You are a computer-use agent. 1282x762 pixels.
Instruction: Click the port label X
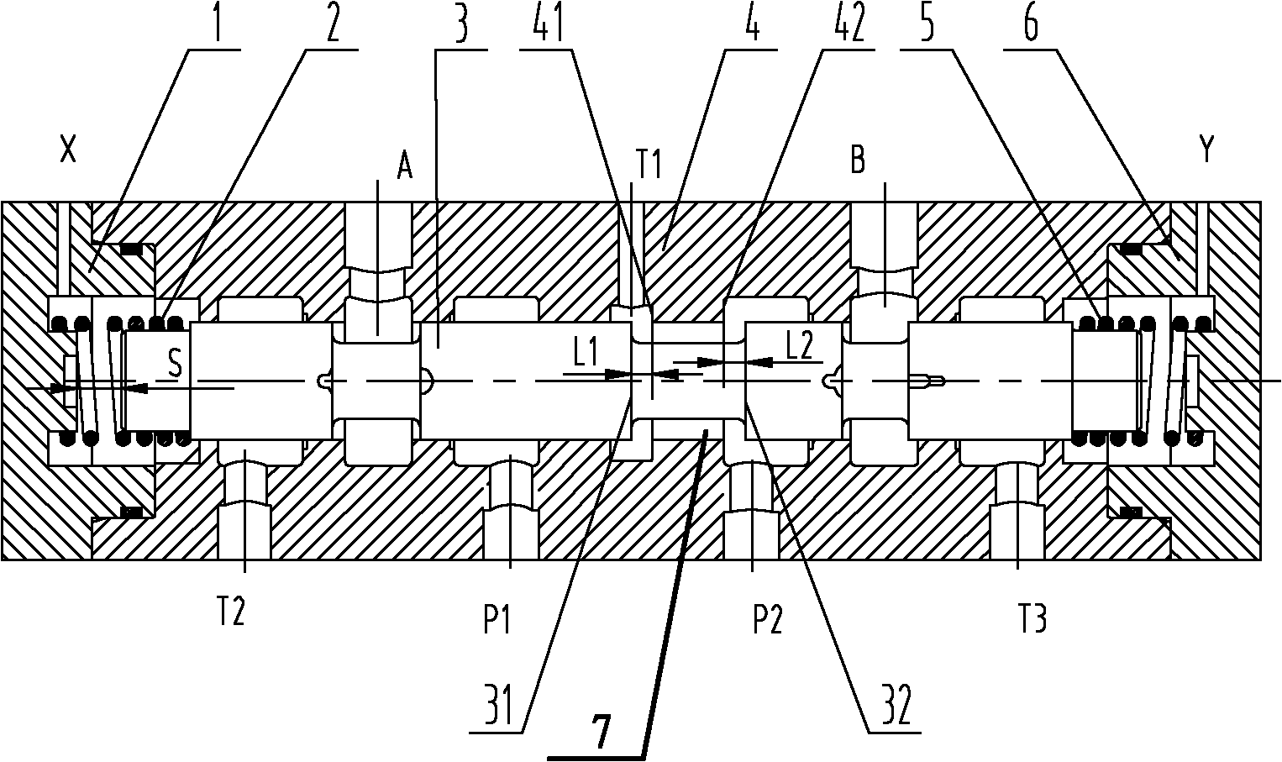[x=68, y=151]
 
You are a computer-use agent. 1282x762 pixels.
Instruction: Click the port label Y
[x=1206, y=150]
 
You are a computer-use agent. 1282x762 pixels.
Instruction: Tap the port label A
[x=404, y=166]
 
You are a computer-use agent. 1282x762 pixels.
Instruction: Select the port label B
[x=858, y=160]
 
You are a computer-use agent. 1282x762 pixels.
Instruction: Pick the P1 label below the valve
[x=497, y=621]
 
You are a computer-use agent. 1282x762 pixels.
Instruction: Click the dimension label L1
[x=586, y=354]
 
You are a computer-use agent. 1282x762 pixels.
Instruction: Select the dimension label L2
[x=800, y=346]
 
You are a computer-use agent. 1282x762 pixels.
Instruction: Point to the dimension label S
[x=176, y=363]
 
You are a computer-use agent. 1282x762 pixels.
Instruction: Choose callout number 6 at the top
[x=1030, y=23]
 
